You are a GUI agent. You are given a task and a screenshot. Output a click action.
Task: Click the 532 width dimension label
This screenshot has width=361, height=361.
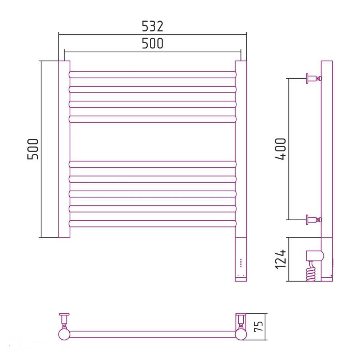152,26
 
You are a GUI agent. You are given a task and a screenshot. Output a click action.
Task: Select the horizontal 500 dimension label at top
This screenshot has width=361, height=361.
152,43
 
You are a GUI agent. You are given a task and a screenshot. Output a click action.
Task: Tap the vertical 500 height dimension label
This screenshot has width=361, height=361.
33,149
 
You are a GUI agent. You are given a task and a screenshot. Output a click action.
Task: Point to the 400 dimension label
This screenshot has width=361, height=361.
280,149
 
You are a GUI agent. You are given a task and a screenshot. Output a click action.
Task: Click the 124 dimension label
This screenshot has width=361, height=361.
280,259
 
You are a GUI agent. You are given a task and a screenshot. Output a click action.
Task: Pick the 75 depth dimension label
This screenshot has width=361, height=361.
258,326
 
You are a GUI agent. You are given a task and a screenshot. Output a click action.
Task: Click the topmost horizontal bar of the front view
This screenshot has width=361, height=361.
153,75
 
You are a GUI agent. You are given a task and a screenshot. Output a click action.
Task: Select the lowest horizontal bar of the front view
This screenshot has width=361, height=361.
153,223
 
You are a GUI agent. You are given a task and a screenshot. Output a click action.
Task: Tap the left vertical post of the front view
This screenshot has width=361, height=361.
64,149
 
